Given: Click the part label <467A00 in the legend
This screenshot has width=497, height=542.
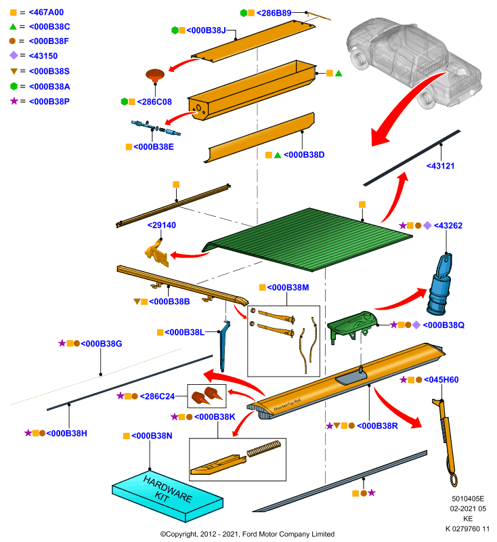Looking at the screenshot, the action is (x=46, y=12).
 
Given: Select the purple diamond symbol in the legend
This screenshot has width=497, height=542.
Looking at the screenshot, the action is (x=14, y=56).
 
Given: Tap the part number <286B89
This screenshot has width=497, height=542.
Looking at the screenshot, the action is (x=274, y=13).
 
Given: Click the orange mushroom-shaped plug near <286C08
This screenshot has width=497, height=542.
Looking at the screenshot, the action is (x=155, y=75).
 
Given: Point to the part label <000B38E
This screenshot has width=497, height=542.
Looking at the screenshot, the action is (x=154, y=147).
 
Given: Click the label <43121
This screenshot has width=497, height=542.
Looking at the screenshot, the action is (x=440, y=166).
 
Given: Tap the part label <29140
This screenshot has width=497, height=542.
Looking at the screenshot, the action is (x=162, y=226).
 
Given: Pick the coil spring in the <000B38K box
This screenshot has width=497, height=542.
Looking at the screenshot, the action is (x=263, y=449).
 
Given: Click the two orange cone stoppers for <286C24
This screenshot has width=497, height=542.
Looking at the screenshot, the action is (x=207, y=396).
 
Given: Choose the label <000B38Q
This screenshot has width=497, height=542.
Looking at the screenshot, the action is (x=444, y=325).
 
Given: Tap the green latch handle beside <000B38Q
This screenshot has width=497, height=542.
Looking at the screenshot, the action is (x=351, y=326).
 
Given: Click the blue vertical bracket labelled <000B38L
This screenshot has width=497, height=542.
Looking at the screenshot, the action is (x=224, y=346).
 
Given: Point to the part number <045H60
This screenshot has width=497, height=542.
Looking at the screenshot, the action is (x=441, y=380).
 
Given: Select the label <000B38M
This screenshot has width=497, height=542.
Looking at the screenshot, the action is (x=288, y=287).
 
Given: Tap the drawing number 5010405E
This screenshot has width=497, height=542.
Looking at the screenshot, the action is (x=468, y=499).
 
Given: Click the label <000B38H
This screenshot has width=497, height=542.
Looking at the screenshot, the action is (x=66, y=434).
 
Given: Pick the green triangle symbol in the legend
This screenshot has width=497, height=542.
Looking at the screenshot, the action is (x=13, y=26).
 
